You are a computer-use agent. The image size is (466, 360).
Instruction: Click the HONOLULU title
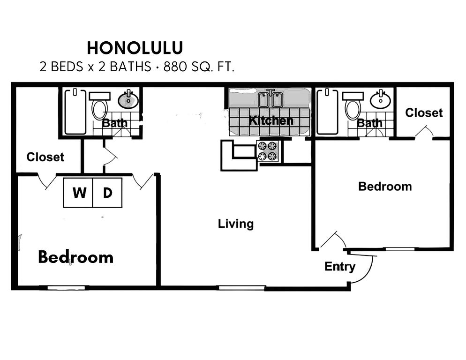[x=135, y=48]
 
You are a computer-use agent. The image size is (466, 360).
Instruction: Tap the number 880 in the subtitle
[x=175, y=67]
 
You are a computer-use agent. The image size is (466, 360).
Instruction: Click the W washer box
[x=78, y=193]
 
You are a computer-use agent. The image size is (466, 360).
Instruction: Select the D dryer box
[x=107, y=193]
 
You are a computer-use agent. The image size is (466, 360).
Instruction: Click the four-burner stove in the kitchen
[x=268, y=151]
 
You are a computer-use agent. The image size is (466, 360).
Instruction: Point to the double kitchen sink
[x=270, y=99]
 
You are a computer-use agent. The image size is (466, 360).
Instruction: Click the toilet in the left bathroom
[x=100, y=106]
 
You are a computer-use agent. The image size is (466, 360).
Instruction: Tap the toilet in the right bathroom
[x=353, y=106]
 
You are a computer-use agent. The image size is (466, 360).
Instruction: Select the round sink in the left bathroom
[x=128, y=99]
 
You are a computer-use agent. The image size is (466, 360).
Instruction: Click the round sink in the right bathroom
[x=380, y=99]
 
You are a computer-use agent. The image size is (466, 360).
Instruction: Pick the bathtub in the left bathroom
[x=75, y=112]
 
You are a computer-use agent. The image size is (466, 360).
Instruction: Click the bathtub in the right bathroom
[x=328, y=112]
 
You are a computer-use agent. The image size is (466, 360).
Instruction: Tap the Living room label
[x=236, y=224]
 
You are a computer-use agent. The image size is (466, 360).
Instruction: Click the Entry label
[x=340, y=267]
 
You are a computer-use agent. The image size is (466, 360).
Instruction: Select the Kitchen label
[x=271, y=120]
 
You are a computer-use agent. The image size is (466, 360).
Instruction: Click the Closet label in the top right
[x=424, y=112]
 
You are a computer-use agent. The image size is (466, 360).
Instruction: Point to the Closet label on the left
[x=45, y=157]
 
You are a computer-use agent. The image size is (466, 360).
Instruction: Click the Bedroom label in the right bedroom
[x=385, y=187]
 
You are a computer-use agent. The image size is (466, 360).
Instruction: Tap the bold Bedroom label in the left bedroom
[x=76, y=257]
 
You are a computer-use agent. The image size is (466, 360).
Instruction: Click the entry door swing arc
[x=367, y=273]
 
